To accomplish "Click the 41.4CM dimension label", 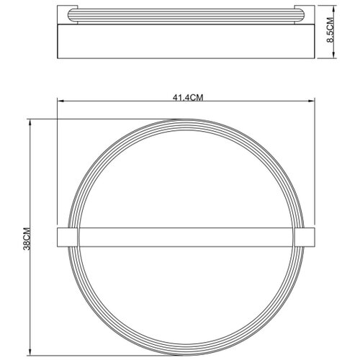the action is (188, 98).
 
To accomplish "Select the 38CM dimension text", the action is (27, 238).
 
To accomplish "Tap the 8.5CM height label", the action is (330, 30).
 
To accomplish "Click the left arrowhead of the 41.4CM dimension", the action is (60, 101).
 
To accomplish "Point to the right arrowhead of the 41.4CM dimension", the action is (312, 101).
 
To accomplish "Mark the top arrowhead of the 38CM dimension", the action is (30, 122).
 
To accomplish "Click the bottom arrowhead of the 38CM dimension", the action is (30, 352).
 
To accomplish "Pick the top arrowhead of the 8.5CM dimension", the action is (334, 9).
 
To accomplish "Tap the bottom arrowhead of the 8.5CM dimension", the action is (334, 55).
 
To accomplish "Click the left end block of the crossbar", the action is (68, 237).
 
